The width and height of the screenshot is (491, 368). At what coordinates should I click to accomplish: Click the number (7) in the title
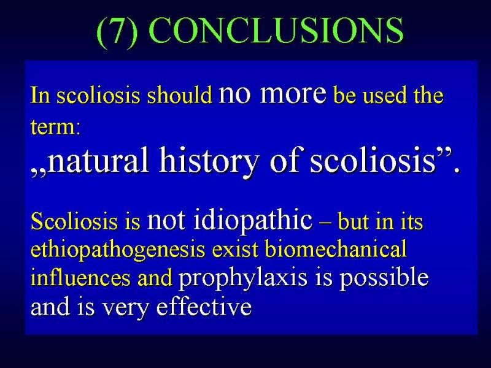coord(117,31)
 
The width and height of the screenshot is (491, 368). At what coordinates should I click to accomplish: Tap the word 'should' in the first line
coord(180,95)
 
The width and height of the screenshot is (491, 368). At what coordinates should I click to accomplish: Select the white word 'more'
coord(293,93)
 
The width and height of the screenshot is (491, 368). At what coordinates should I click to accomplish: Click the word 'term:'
coord(55,127)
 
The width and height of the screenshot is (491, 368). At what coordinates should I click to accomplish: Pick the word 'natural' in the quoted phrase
coord(98,160)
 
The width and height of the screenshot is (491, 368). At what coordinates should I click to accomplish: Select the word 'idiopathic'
coord(253,221)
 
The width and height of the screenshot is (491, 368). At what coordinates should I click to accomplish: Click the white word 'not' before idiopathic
coord(166,221)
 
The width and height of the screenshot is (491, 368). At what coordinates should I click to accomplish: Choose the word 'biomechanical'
coord(336,249)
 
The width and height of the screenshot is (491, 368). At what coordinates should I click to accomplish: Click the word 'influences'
coord(80,277)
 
